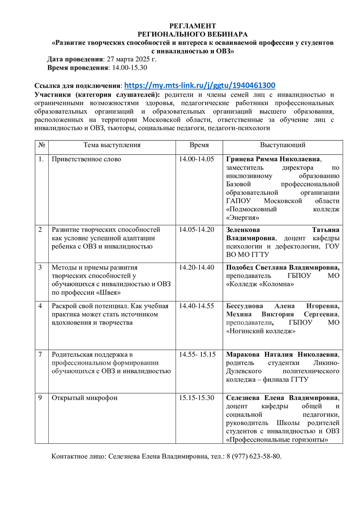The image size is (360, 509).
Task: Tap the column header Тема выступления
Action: coord(112,145)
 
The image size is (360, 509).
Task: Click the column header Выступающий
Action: coord(282,145)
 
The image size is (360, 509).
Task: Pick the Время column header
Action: coord(199,145)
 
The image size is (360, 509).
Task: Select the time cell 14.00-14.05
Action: coord(197,159)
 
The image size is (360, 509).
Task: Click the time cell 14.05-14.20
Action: coord(197,229)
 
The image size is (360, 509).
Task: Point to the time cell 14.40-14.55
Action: coord(197,306)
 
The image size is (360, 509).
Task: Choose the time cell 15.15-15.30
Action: coord(197,398)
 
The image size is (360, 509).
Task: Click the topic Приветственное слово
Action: coord(86,159)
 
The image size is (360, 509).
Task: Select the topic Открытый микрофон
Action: coord(84,398)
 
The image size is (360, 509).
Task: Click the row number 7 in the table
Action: coord(40,354)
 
